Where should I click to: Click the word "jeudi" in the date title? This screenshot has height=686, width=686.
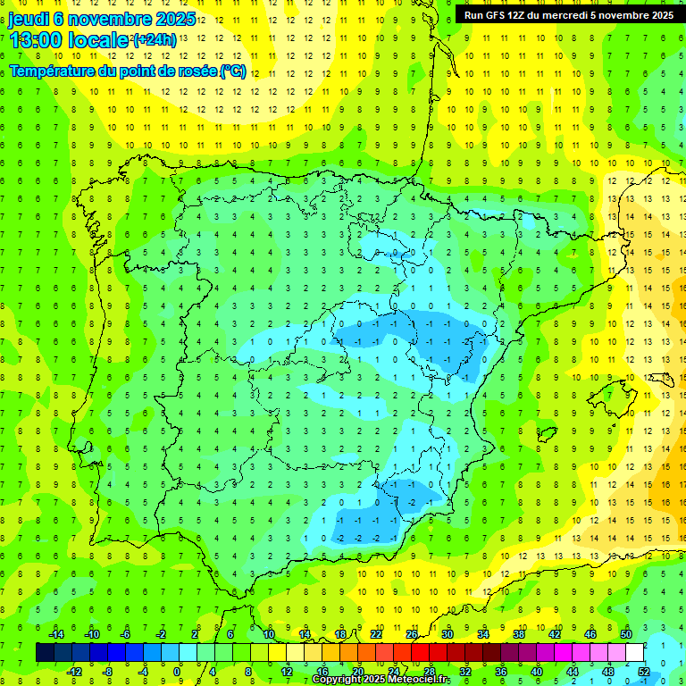click(29, 20)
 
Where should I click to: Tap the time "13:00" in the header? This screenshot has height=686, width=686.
click(36, 40)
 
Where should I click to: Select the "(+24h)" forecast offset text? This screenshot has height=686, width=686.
click(155, 39)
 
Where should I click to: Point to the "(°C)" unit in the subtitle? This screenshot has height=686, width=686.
click(232, 71)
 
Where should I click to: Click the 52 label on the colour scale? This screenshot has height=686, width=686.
click(644, 672)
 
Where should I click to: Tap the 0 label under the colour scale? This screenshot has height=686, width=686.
click(177, 672)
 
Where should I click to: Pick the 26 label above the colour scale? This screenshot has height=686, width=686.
click(412, 634)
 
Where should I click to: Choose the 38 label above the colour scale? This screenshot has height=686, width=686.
click(519, 634)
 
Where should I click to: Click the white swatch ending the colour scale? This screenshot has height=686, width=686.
click(635, 653)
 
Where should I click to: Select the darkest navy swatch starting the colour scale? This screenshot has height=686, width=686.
click(45, 653)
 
